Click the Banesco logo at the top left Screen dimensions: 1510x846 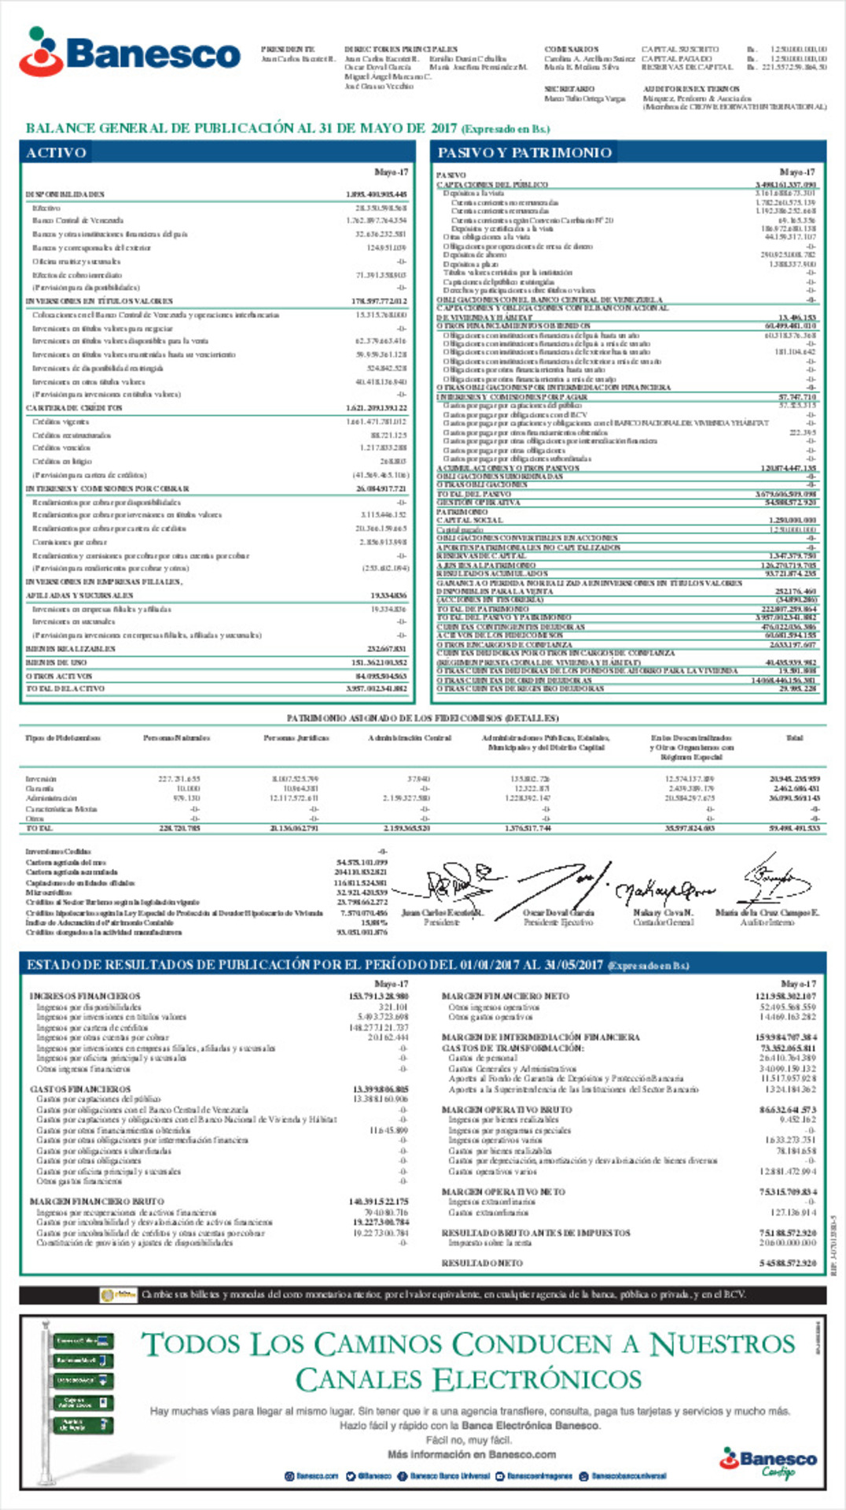(x=130, y=53)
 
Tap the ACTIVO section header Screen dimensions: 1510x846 (x=56, y=153)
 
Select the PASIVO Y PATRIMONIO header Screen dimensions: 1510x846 (x=524, y=153)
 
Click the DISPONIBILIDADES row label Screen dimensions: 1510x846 (x=64, y=194)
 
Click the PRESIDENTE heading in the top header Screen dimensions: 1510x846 (x=288, y=50)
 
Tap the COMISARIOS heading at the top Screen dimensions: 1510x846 (x=572, y=50)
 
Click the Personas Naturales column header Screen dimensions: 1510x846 (x=176, y=738)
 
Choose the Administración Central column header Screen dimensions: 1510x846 (x=410, y=738)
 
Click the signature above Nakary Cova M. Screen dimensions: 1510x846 (x=664, y=891)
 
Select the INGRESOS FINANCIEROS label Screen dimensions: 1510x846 (x=85, y=996)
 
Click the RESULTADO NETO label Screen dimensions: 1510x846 (x=482, y=1263)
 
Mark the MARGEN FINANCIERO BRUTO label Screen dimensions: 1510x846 (x=97, y=1202)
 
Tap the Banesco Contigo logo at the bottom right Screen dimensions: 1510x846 (x=767, y=1464)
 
